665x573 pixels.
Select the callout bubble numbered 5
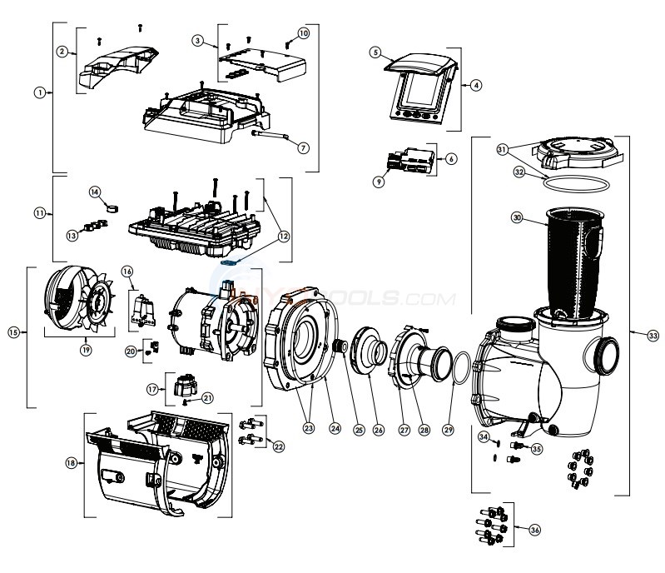click(375, 52)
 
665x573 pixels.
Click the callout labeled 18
click(72, 462)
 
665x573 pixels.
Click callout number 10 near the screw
click(303, 32)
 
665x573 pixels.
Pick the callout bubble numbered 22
click(278, 446)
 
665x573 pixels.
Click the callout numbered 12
click(285, 237)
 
